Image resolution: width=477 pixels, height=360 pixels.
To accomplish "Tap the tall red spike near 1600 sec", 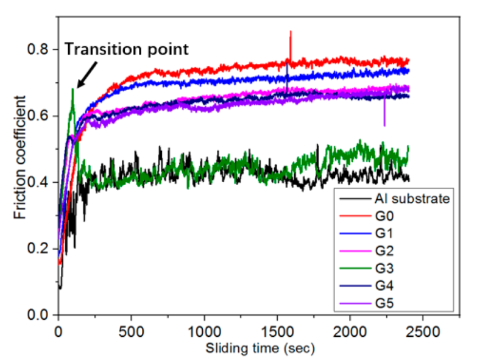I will (291, 43).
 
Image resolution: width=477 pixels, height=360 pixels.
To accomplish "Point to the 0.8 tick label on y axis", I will (38, 49).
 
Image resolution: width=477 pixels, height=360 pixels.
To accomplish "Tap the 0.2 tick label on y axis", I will (38, 249).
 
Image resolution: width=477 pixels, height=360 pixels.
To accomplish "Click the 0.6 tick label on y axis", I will (38, 116).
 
